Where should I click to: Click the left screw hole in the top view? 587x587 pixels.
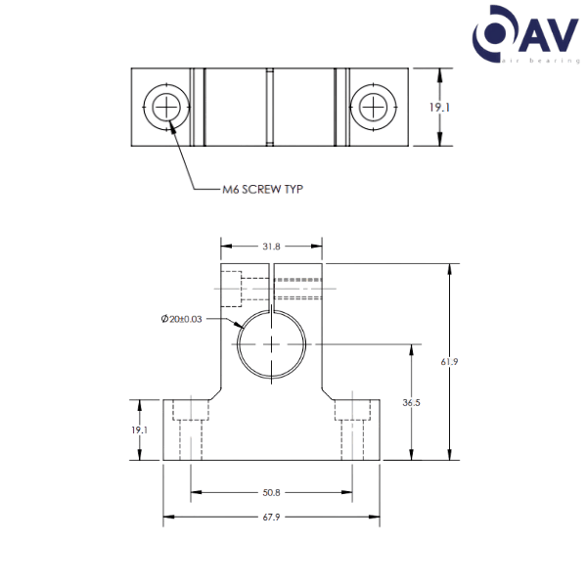click(x=165, y=106)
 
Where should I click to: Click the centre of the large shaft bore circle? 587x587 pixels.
click(x=270, y=343)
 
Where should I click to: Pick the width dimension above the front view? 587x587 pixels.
click(x=271, y=247)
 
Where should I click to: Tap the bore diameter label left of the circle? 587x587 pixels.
click(x=182, y=318)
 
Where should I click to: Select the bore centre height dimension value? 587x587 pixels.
click(x=412, y=401)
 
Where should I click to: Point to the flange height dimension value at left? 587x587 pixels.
click(x=140, y=429)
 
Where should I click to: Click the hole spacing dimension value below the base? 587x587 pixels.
click(x=271, y=492)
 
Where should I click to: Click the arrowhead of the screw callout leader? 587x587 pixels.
click(x=172, y=125)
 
